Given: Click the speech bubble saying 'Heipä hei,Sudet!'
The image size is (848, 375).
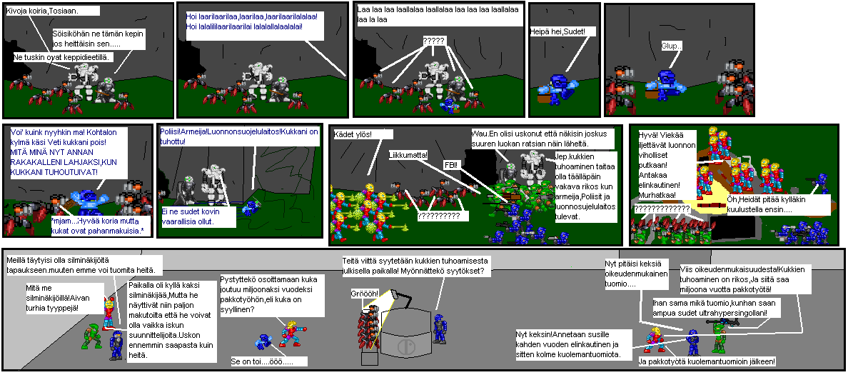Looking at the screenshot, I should tap(561, 32).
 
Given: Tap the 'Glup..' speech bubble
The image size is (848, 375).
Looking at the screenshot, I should tap(672, 46).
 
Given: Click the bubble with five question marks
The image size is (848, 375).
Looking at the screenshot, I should tap(433, 41).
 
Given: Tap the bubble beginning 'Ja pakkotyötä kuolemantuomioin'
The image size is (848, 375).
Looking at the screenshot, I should tap(707, 361).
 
